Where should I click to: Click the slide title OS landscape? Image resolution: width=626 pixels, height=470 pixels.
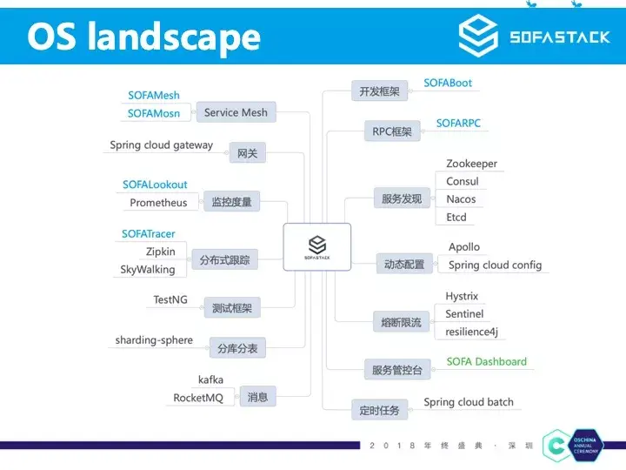click(143, 37)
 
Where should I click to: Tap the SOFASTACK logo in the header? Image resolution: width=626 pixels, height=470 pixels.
click(534, 37)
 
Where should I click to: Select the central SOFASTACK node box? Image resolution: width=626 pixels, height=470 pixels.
click(316, 245)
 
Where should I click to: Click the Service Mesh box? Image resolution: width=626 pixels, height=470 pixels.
click(236, 112)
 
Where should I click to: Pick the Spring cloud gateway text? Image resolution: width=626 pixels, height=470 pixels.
click(161, 145)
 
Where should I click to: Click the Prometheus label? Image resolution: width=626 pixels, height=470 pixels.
click(158, 203)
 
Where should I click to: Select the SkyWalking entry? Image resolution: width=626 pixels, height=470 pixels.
click(148, 269)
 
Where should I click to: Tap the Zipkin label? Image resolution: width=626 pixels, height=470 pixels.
click(161, 252)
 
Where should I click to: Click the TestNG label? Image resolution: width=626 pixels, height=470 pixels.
click(170, 299)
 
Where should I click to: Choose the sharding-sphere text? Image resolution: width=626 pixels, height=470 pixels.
click(154, 340)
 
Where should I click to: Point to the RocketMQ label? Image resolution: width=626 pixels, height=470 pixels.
click(198, 398)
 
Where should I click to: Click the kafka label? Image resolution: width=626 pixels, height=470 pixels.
click(210, 379)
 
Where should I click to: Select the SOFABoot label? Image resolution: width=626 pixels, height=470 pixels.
click(448, 83)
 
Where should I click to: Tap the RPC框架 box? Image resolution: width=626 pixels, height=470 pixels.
click(390, 131)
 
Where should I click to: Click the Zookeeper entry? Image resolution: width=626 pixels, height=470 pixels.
click(471, 164)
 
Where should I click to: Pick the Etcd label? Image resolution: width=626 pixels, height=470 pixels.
click(456, 218)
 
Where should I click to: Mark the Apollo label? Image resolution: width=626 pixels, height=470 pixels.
click(464, 247)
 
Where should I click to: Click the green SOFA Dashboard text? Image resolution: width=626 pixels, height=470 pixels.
click(487, 361)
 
